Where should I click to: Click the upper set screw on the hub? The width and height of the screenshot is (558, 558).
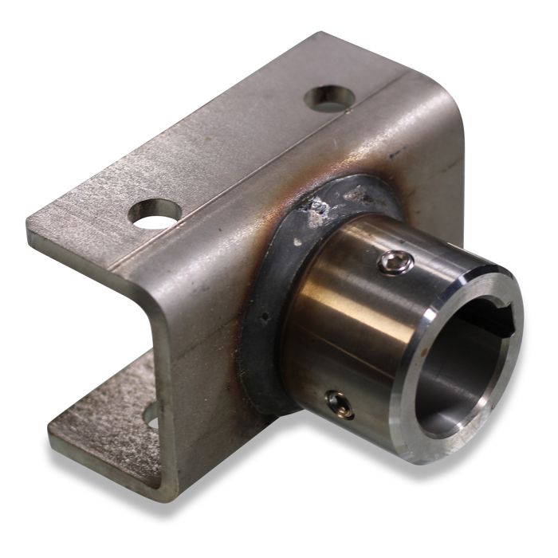click(395, 262)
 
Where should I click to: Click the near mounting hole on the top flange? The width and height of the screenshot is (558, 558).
click(155, 214)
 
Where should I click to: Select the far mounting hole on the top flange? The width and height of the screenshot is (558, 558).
click(329, 97)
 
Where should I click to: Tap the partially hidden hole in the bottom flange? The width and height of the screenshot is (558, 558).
click(151, 415)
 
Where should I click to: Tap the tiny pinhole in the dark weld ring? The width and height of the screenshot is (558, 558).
click(265, 316)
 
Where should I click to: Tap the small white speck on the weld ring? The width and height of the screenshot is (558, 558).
click(297, 242)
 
